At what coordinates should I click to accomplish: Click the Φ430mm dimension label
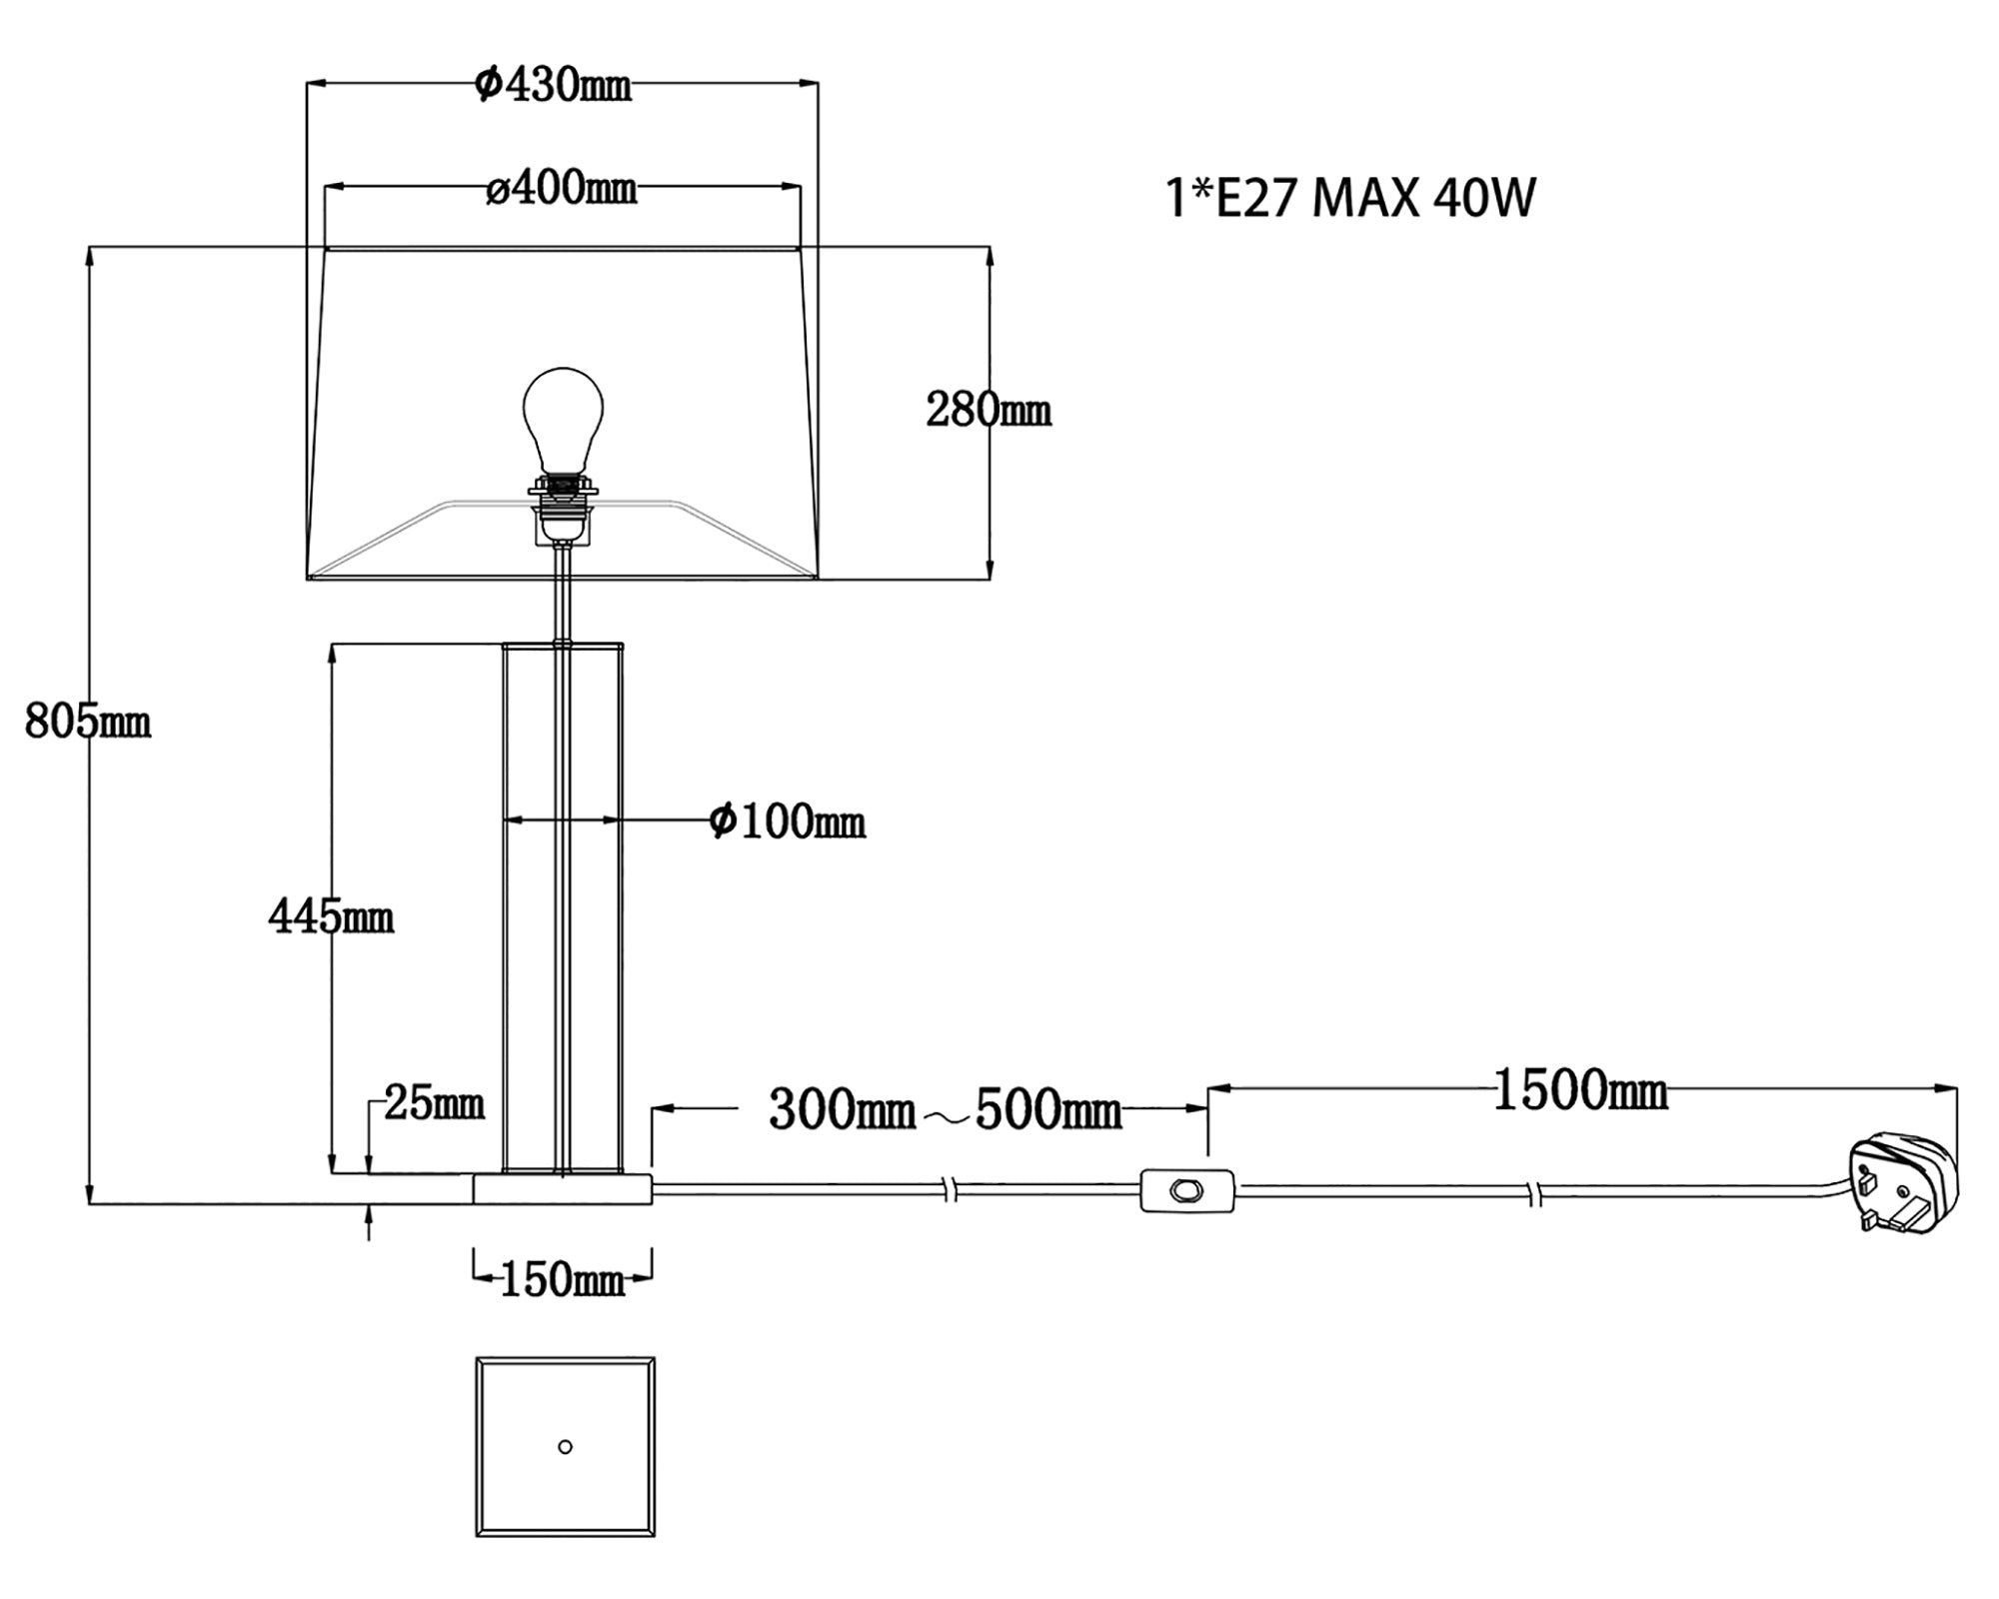pyautogui.click(x=554, y=86)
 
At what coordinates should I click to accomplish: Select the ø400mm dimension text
pyautogui.click(x=562, y=188)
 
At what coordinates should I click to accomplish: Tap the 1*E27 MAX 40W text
pyautogui.click(x=1349, y=198)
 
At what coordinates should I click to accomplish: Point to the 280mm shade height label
pyautogui.click(x=988, y=411)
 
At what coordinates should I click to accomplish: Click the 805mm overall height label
pyautogui.click(x=88, y=721)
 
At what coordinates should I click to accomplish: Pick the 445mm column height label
pyautogui.click(x=331, y=916)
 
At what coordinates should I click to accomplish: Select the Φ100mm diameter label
pyautogui.click(x=787, y=821)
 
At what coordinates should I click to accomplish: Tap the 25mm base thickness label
pyautogui.click(x=434, y=1103)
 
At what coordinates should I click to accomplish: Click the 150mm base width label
pyautogui.click(x=562, y=1280)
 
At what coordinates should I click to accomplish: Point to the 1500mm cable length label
pyautogui.click(x=1579, y=1090)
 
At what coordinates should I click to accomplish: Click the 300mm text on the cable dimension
pyautogui.click(x=842, y=1110)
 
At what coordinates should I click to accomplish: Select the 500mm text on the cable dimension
pyautogui.click(x=1047, y=1110)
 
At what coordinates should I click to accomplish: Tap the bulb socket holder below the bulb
pyautogui.click(x=564, y=510)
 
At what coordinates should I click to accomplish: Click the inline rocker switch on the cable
pyautogui.click(x=1186, y=1190)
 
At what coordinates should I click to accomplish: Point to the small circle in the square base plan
pyautogui.click(x=565, y=1447)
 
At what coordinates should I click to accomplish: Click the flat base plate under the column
pyautogui.click(x=562, y=1189)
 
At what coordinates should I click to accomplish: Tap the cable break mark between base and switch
pyautogui.click(x=951, y=1190)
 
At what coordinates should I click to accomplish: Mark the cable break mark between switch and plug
pyautogui.click(x=1536, y=1192)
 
